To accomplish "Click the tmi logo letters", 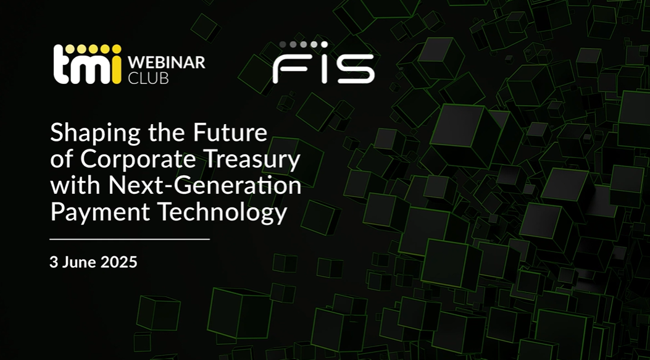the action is pyautogui.click(x=87, y=65).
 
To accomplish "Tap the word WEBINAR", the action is pyautogui.click(x=167, y=62).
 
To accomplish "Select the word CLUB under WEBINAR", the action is pyautogui.click(x=148, y=78).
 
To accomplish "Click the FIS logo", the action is pyautogui.click(x=323, y=62).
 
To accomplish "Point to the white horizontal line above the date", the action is pyautogui.click(x=130, y=240).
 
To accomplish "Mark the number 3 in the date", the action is pyautogui.click(x=54, y=262).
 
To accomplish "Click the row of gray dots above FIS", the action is pyautogui.click(x=304, y=44).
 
